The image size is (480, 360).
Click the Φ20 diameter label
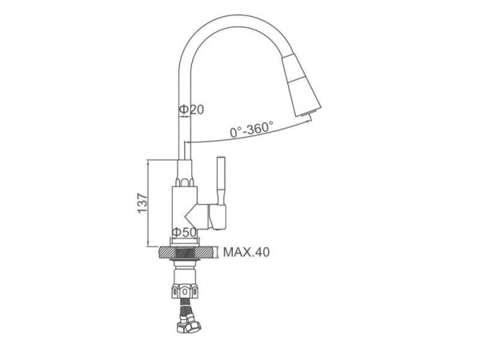point(191,110)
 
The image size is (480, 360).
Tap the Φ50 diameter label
point(184,232)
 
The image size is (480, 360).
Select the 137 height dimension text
point(142,203)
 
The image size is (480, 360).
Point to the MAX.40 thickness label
point(246,252)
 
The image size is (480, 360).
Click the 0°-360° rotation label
point(252,129)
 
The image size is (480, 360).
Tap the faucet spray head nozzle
point(301,86)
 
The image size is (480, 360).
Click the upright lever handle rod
point(221,181)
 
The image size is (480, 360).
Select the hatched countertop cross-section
point(186,252)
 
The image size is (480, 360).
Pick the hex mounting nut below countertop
point(185,290)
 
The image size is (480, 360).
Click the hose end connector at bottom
point(189,326)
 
